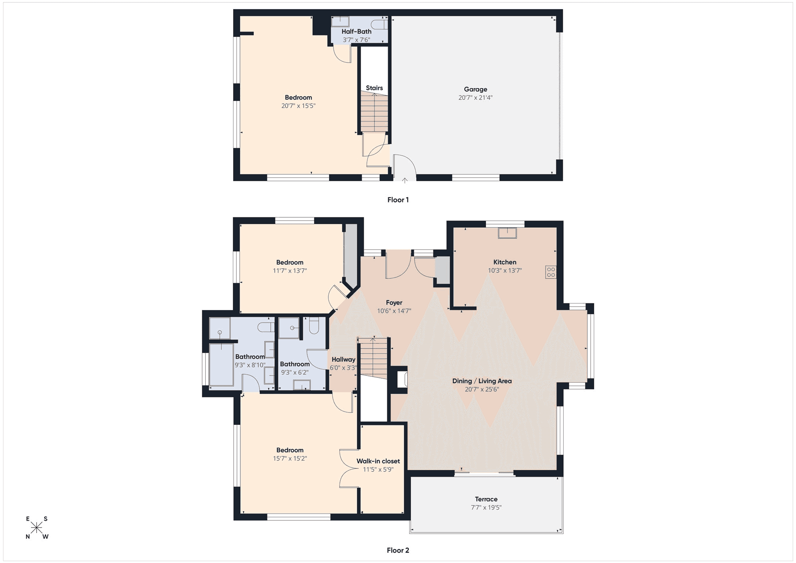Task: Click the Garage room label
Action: [x=475, y=89]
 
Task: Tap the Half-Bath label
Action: [x=356, y=31]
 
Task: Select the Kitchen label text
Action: [x=505, y=262]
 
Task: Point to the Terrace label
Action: [x=486, y=499]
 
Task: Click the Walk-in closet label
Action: [x=378, y=461]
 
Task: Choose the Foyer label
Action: [x=394, y=303]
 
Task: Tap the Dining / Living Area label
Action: [x=482, y=381]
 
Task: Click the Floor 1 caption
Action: [x=398, y=200]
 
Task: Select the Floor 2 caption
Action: [x=398, y=550]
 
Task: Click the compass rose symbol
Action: [x=37, y=528]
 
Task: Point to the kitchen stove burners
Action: [x=551, y=272]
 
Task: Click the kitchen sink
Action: [x=507, y=233]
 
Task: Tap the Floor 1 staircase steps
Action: [x=374, y=112]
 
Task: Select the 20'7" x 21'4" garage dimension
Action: [x=475, y=98]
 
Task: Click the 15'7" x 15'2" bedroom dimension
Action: [x=290, y=458]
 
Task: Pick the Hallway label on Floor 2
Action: [x=343, y=359]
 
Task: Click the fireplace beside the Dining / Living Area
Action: [x=402, y=379]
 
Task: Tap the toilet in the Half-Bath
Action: [x=379, y=24]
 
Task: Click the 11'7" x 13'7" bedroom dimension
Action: [x=290, y=271]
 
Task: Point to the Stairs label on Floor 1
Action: [x=374, y=88]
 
